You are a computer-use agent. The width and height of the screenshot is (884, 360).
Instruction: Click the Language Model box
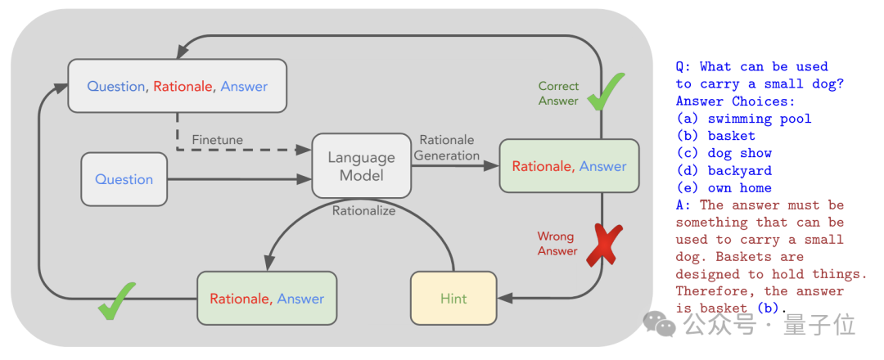[x=362, y=165]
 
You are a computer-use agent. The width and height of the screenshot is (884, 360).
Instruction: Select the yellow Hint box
[x=453, y=298]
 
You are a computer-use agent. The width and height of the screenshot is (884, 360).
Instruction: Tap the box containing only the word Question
[x=124, y=179]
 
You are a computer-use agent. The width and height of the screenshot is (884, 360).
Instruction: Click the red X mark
[x=604, y=245]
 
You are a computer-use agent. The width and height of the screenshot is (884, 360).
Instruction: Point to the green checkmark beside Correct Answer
[x=606, y=92]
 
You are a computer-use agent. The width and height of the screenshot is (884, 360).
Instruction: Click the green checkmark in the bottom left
[x=117, y=300]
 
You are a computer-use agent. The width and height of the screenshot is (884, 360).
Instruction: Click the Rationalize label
[x=363, y=211]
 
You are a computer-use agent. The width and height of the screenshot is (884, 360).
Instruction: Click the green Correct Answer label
[x=559, y=93]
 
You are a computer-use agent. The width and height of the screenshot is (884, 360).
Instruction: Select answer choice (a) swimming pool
[x=743, y=119]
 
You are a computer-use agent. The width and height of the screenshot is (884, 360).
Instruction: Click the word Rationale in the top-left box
[x=183, y=86]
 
